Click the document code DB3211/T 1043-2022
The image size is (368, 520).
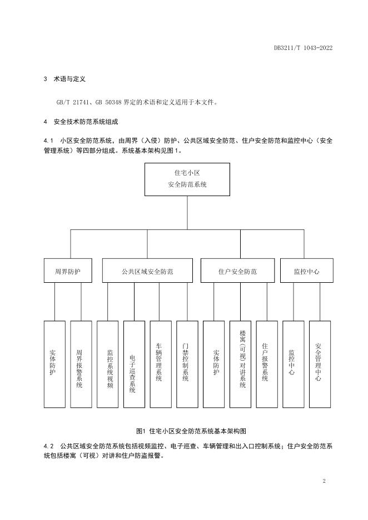(x=303, y=48)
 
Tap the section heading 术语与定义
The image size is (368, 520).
(x=69, y=79)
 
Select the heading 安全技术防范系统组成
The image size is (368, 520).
(x=86, y=122)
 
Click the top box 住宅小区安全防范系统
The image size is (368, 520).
(x=187, y=179)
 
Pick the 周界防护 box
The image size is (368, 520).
(x=68, y=271)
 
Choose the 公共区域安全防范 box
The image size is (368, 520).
(x=147, y=271)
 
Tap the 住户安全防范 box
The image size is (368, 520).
(x=237, y=271)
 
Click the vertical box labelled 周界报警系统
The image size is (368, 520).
(x=81, y=364)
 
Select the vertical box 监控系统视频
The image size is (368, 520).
(x=107, y=364)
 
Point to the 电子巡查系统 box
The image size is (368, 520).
(x=134, y=364)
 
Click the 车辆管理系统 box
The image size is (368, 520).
(x=161, y=364)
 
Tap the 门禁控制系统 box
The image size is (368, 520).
(x=187, y=364)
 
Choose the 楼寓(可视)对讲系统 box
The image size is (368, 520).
(x=240, y=364)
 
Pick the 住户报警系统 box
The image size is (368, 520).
(x=267, y=364)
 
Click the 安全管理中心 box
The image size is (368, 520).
(x=320, y=364)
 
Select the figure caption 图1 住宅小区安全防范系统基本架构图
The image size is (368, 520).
(x=191, y=431)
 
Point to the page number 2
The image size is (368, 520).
(x=324, y=481)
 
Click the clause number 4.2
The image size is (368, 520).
(x=48, y=446)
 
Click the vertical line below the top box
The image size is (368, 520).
(x=187, y=213)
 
